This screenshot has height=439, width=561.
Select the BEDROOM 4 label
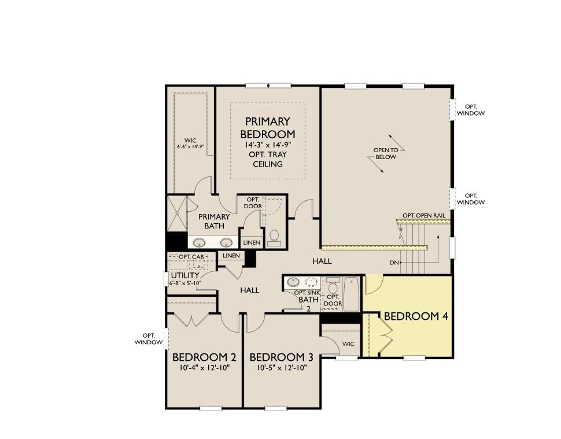[x=416, y=316]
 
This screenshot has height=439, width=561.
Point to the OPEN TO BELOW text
[x=385, y=153]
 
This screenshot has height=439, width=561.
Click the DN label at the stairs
[x=394, y=263]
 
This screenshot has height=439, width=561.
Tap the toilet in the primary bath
[x=274, y=237]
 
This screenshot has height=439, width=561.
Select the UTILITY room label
[x=184, y=275]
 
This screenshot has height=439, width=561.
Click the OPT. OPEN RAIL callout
[x=424, y=215]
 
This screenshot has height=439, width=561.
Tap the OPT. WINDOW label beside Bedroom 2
[x=149, y=338]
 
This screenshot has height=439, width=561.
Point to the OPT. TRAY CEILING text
[x=267, y=159]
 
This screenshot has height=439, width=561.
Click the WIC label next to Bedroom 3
[x=348, y=344]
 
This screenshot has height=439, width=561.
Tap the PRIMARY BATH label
[x=214, y=221]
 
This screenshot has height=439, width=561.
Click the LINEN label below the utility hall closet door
[x=231, y=256]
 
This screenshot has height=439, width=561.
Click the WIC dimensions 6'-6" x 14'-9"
[x=190, y=147]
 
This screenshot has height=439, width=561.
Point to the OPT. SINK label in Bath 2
[x=307, y=292]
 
